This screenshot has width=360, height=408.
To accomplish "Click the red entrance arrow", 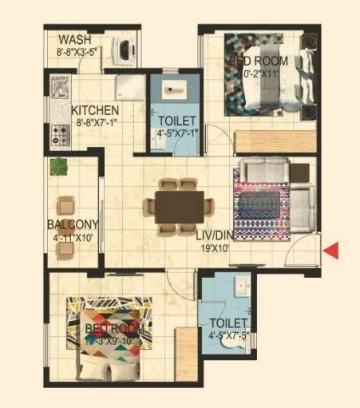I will (x=333, y=251).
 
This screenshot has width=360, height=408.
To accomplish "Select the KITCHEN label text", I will (x=95, y=110).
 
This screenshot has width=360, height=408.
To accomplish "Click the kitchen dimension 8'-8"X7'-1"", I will (x=95, y=123).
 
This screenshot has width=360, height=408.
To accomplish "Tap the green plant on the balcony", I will (x=58, y=166).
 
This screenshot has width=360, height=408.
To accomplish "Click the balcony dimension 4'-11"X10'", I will (x=72, y=237).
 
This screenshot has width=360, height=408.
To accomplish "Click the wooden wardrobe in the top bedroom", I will (x=271, y=142).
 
